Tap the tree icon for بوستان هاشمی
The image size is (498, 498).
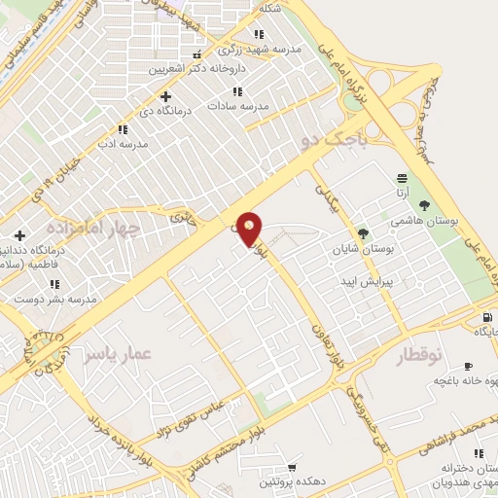[x=424, y=205]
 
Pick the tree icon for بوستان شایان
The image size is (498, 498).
[x=363, y=233]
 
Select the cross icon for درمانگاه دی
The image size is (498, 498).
[x=165, y=96]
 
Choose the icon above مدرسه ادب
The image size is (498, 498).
[x=123, y=128]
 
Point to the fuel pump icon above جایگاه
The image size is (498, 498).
[x=485, y=317]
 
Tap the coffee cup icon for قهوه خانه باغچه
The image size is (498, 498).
[x=468, y=366]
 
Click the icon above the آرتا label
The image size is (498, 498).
[x=402, y=178]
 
